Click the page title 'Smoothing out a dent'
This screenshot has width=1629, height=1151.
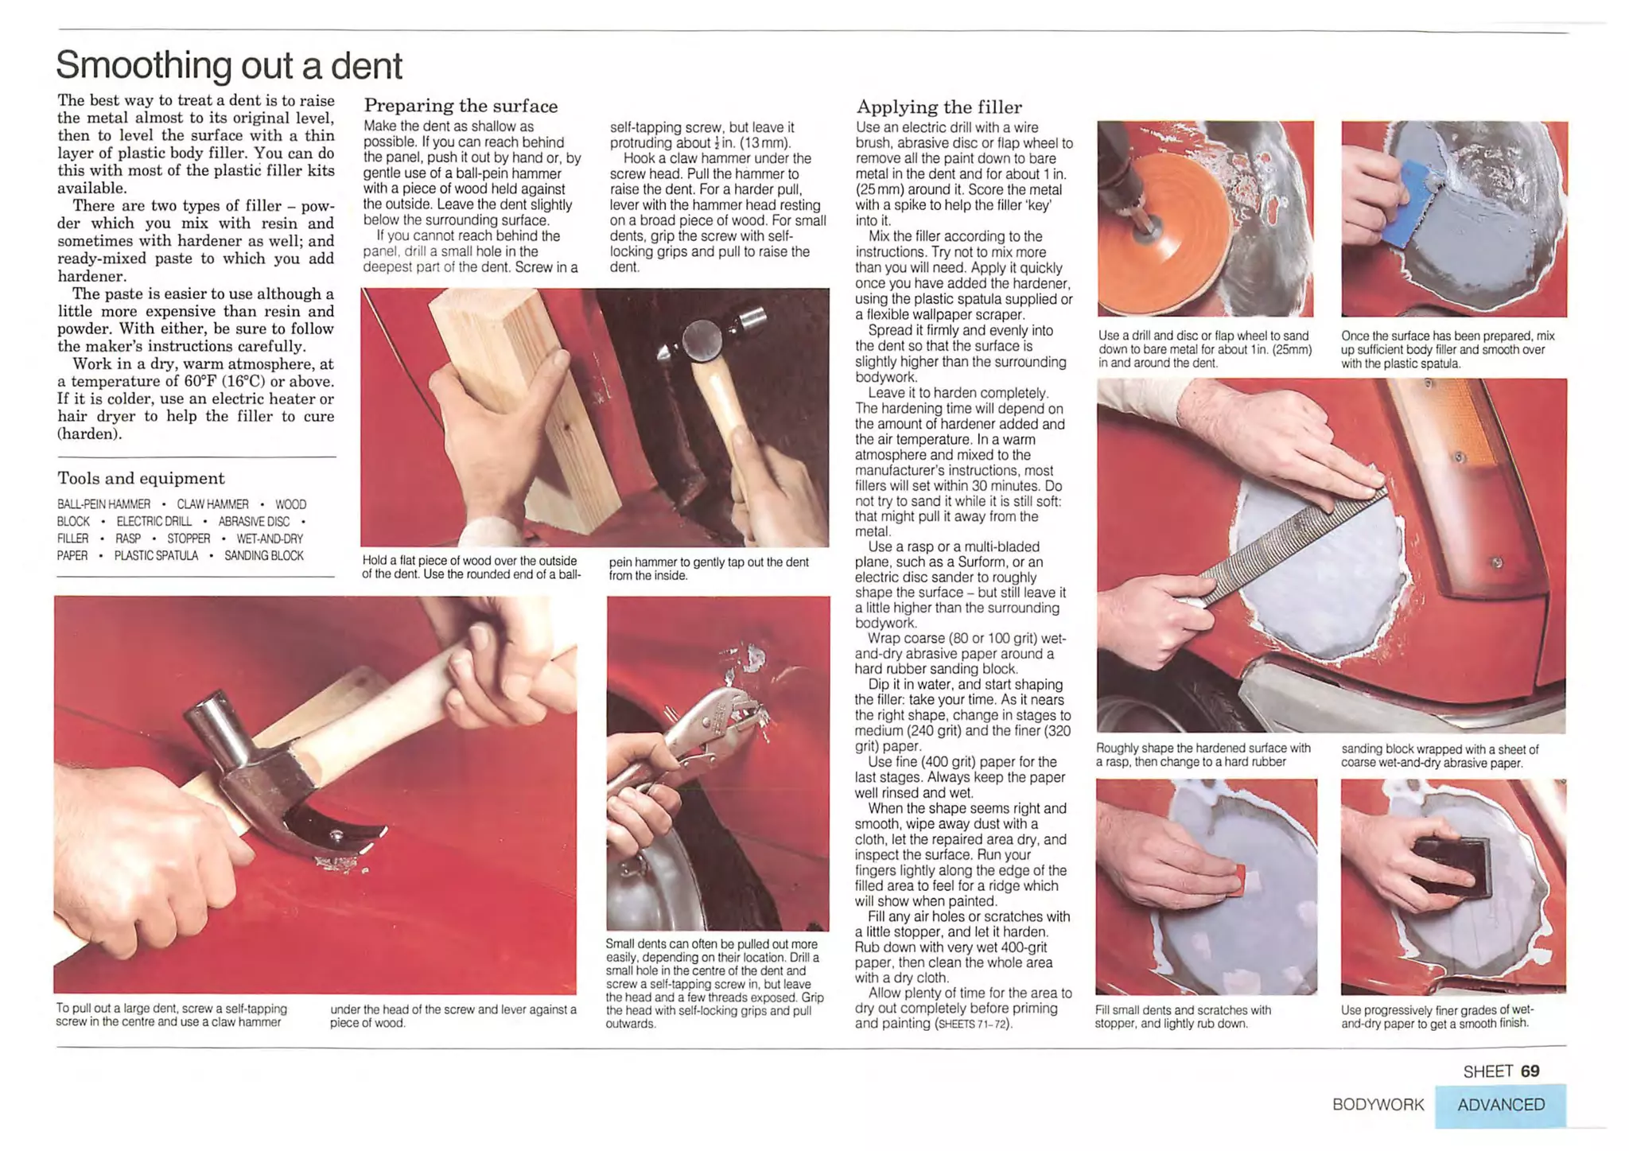click(x=229, y=65)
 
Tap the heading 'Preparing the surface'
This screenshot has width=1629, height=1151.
click(x=461, y=106)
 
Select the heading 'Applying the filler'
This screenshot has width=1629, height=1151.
click(x=939, y=107)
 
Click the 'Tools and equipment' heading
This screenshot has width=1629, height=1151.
click(x=141, y=478)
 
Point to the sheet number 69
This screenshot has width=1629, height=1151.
click(x=1530, y=1071)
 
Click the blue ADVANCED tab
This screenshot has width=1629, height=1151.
click(x=1500, y=1105)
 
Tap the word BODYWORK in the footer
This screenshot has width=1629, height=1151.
click(x=1378, y=1105)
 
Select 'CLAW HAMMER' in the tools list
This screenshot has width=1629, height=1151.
click(x=212, y=504)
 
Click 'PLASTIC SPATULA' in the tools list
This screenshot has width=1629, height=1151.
click(x=156, y=555)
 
